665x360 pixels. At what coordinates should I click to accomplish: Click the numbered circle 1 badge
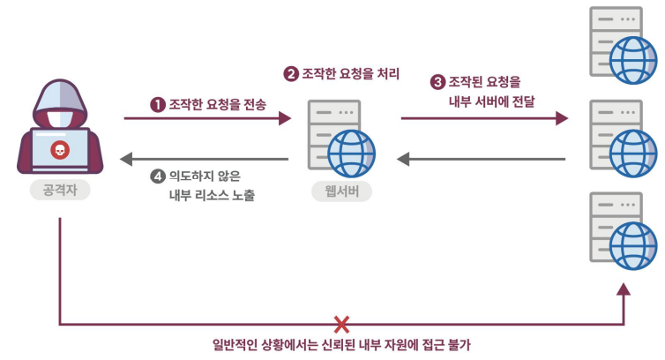pyautogui.click(x=158, y=104)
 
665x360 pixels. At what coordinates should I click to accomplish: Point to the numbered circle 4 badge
pyautogui.click(x=158, y=176)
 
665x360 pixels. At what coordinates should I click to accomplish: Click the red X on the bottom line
pyautogui.click(x=341, y=324)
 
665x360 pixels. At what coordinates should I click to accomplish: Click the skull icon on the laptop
pyautogui.click(x=59, y=150)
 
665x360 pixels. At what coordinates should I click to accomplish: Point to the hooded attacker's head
pyautogui.click(x=60, y=101)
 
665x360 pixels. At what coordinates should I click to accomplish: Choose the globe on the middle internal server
pyautogui.click(x=633, y=149)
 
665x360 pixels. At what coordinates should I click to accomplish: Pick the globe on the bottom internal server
pyautogui.click(x=633, y=239)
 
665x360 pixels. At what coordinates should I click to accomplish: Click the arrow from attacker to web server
pyautogui.click(x=207, y=117)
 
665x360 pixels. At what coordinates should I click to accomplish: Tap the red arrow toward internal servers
pyautogui.click(x=484, y=117)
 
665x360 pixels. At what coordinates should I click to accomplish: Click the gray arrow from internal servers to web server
pyautogui.click(x=481, y=160)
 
